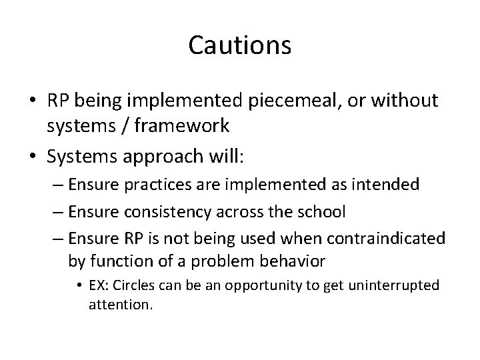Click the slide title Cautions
pos(240,45)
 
